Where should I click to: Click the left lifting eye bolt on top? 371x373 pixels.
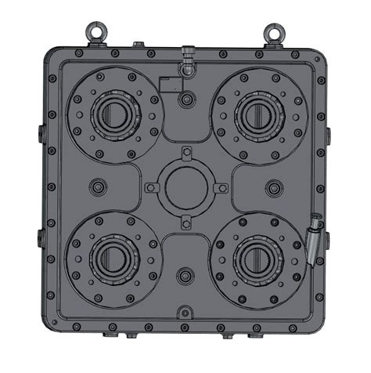click(x=95, y=31)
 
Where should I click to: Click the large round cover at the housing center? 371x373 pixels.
click(x=184, y=186)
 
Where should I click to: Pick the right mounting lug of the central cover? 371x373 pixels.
click(x=221, y=187)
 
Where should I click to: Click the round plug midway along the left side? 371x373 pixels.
click(x=97, y=186)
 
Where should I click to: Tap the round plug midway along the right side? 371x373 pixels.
click(x=273, y=186)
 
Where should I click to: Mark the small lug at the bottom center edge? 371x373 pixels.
click(x=185, y=312)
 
